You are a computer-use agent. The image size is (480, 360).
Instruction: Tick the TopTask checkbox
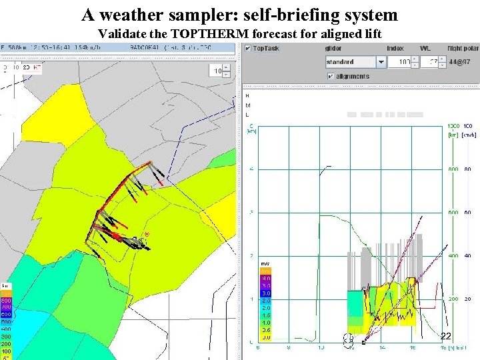[x=248, y=49]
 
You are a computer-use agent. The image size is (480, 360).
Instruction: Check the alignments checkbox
[x=331, y=76]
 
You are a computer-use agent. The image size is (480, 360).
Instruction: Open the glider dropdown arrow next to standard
[x=381, y=62]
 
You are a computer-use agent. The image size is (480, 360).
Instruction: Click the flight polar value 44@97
[x=461, y=62]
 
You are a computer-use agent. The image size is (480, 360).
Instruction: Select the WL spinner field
[x=431, y=62]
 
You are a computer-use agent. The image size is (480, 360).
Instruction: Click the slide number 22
[x=446, y=336]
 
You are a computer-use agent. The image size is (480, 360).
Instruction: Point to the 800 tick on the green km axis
[x=453, y=169]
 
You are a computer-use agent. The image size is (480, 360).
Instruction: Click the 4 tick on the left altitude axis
[x=251, y=169]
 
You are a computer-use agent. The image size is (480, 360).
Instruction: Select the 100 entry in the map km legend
[x=5, y=351]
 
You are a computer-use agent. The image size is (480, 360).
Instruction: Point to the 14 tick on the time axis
[x=382, y=347]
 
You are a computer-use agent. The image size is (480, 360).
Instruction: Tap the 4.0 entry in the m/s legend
[x=265, y=278]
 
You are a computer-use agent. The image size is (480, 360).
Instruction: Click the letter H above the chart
[x=248, y=95]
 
